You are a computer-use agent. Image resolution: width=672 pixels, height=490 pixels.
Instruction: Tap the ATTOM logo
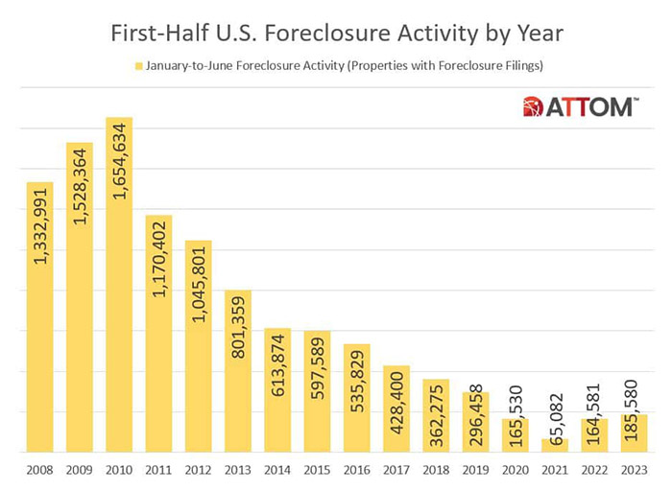[x=578, y=106]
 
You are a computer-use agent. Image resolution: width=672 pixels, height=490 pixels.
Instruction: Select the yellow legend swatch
[x=139, y=67]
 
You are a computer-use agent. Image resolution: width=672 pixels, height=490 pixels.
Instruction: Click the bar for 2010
[x=119, y=285]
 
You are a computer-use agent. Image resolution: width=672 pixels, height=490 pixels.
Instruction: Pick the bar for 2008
[x=40, y=316]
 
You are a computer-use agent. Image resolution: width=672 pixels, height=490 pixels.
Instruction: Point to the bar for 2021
[x=554, y=445]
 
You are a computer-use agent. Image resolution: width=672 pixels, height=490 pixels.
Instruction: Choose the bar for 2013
[x=237, y=370]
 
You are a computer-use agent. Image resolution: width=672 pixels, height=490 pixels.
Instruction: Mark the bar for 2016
[x=356, y=397]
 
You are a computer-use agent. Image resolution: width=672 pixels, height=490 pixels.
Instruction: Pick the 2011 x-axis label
[x=158, y=471]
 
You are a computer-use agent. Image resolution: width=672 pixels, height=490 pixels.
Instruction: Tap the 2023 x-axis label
[x=633, y=471]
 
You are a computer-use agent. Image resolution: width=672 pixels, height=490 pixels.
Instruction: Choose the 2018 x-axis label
[x=435, y=471]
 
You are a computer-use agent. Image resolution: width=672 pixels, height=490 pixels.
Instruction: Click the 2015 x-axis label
[x=317, y=471]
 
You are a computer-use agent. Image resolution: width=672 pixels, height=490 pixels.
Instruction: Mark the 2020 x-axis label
[x=515, y=471]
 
